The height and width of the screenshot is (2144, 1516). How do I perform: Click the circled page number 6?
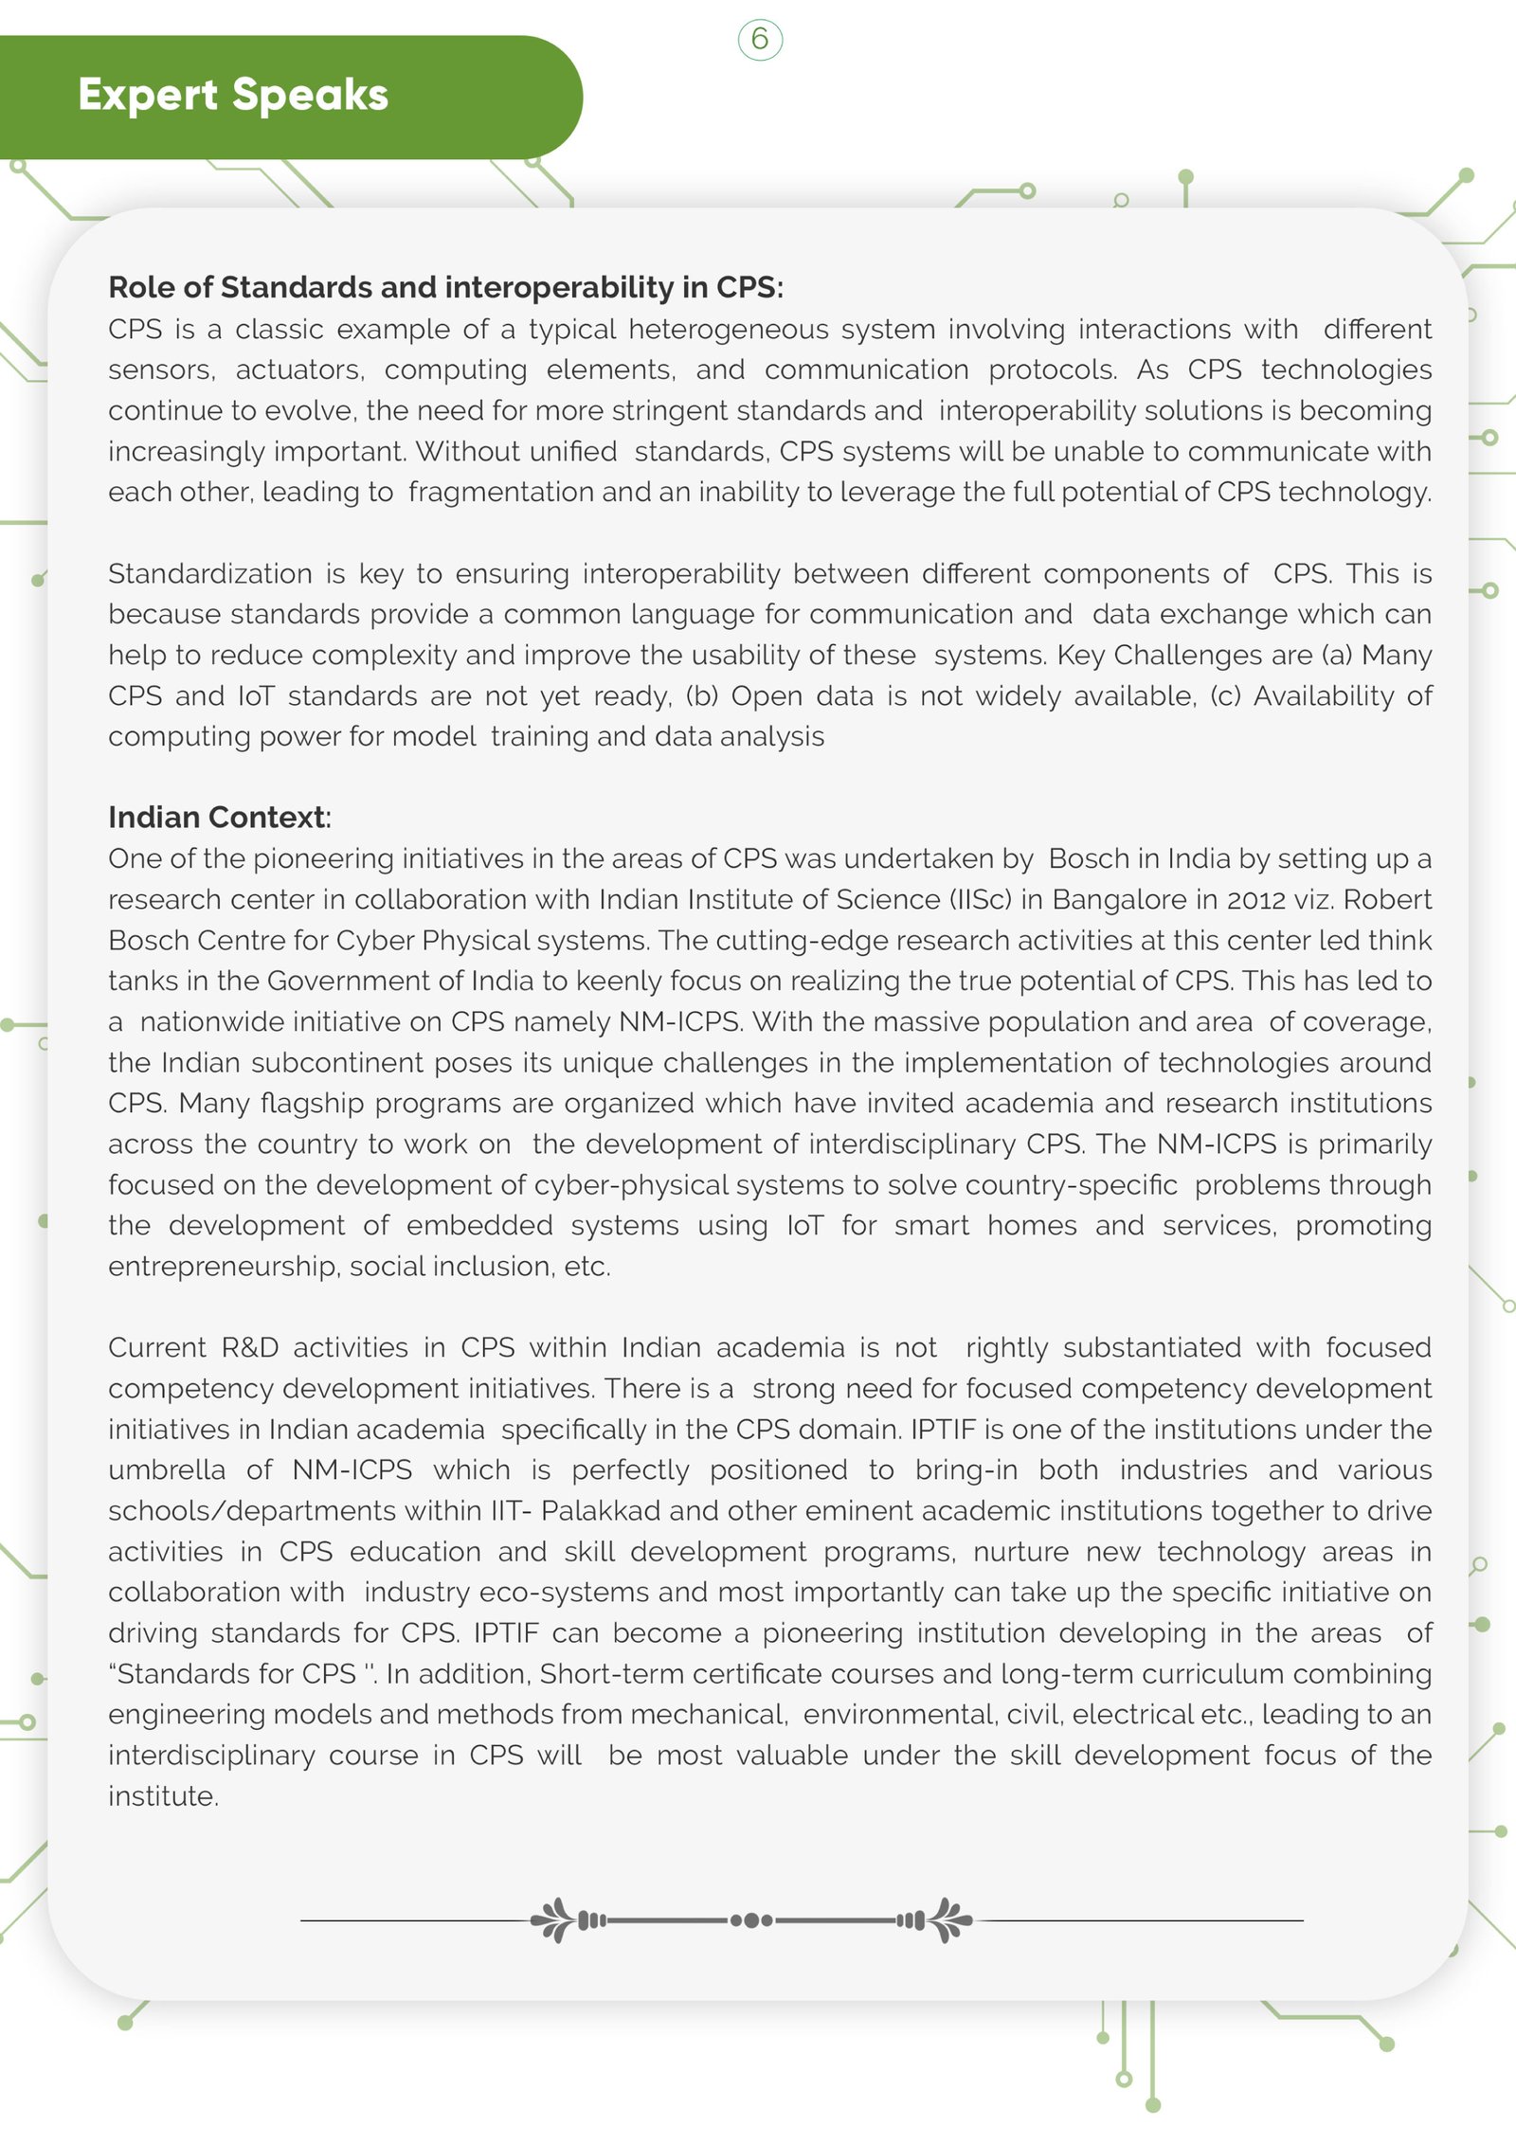pos(760,40)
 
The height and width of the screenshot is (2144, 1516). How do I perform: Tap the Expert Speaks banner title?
pos(233,95)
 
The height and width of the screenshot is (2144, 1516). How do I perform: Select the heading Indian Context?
pos(219,817)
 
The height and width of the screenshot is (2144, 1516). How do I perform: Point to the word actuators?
pos(299,369)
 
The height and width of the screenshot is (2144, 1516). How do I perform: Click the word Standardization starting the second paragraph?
pos(209,573)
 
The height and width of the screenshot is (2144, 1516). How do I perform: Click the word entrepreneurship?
pos(223,1266)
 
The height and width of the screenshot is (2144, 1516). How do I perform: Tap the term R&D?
pos(249,1347)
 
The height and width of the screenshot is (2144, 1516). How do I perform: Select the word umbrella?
pos(167,1469)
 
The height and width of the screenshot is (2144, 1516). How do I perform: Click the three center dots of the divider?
pos(751,1920)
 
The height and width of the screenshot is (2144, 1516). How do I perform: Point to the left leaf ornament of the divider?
pos(554,1919)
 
